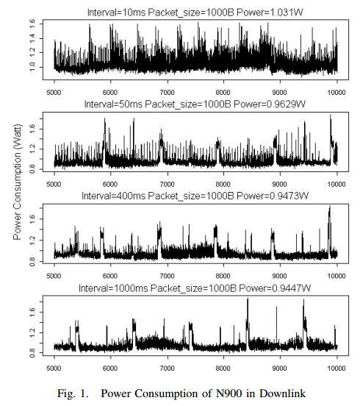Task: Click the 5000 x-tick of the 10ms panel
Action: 54,93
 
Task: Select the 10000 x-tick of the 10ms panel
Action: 336,93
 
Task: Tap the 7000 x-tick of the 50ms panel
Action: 168,184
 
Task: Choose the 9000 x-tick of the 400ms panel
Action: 281,275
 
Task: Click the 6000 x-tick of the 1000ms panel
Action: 111,366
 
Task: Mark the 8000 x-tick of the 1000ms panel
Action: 224,366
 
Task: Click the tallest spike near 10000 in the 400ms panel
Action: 330,210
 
